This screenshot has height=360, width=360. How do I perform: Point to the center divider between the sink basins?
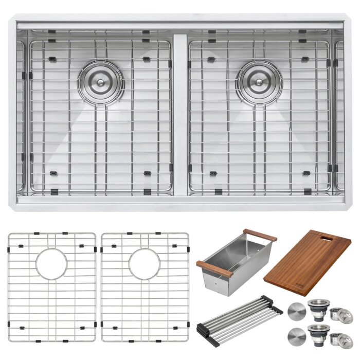[x=179, y=113]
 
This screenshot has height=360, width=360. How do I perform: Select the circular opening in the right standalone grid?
[x=145, y=264]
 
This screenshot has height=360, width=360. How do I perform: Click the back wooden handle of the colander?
[x=260, y=235]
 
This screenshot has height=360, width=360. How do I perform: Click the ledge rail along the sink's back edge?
[x=179, y=25]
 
